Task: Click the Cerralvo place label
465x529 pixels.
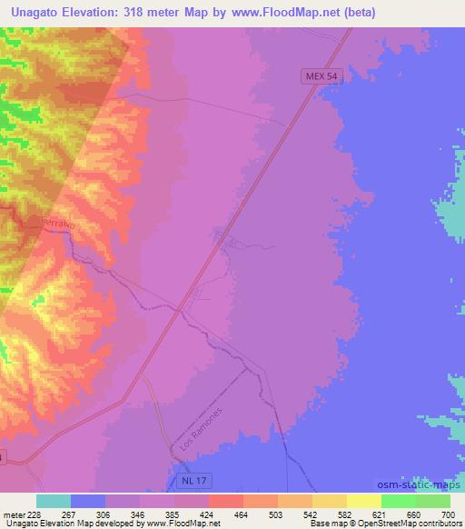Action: coord(59,222)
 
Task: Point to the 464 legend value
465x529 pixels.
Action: coord(216,514)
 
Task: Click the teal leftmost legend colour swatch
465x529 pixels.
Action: coord(54,501)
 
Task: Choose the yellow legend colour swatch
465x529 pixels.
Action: coord(363,501)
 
